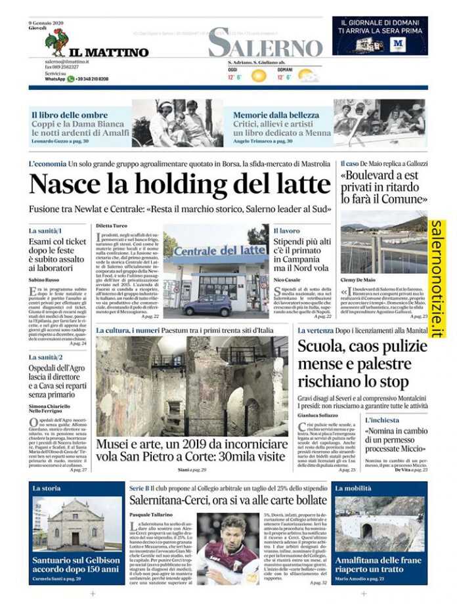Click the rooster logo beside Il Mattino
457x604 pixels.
tap(56, 41)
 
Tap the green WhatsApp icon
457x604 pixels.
tap(71, 79)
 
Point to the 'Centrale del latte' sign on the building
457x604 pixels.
tap(211, 251)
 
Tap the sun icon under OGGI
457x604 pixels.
tap(259, 75)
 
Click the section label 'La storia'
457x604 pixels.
tap(47, 488)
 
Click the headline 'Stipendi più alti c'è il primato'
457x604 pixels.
tap(301, 250)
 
